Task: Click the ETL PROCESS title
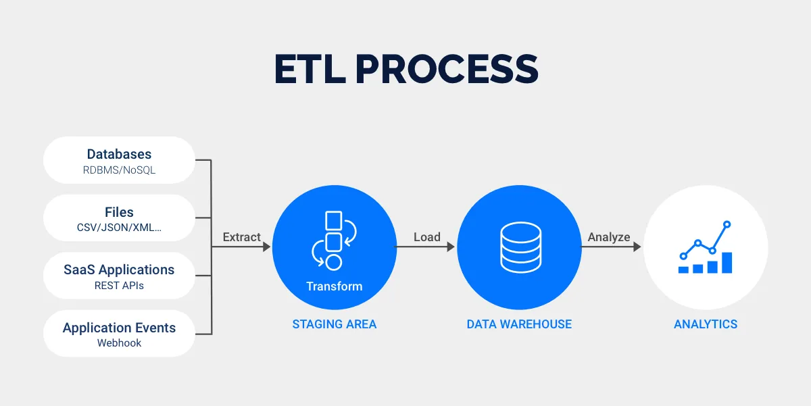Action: click(406, 69)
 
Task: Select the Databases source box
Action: click(119, 160)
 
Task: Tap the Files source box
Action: click(119, 218)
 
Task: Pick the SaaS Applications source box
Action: click(119, 276)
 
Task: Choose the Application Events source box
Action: click(119, 334)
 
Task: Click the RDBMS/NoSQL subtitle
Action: click(119, 170)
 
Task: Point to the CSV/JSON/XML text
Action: click(119, 228)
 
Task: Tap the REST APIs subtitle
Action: click(119, 286)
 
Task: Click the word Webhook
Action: click(119, 343)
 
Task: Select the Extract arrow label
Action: click(241, 237)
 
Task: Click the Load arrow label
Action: click(427, 237)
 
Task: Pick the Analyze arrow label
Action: click(609, 237)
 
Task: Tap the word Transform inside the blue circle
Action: click(334, 286)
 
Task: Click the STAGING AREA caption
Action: click(335, 324)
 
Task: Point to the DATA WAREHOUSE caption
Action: click(519, 324)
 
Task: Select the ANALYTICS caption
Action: click(706, 324)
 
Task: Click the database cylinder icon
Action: click(521, 247)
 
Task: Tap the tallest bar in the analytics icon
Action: click(727, 263)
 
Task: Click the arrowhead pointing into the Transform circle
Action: click(267, 247)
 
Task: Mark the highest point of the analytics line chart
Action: click(727, 224)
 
